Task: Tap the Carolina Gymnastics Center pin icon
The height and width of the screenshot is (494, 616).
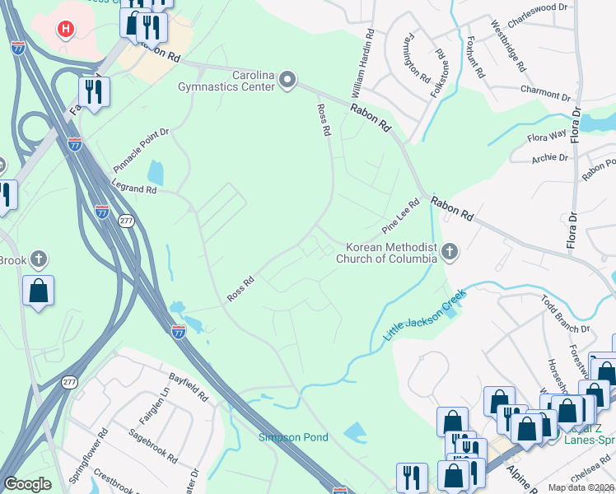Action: tap(287, 80)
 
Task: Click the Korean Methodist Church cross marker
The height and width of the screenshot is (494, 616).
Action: tap(449, 251)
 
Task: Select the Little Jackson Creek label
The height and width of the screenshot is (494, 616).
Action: tap(424, 315)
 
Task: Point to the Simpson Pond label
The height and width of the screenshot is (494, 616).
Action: tap(293, 437)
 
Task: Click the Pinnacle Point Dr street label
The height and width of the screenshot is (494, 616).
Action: tap(141, 149)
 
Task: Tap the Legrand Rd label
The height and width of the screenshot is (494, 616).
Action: tap(134, 189)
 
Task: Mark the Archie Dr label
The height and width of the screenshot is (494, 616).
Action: tap(550, 157)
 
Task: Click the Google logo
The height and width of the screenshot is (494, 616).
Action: tap(28, 484)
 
